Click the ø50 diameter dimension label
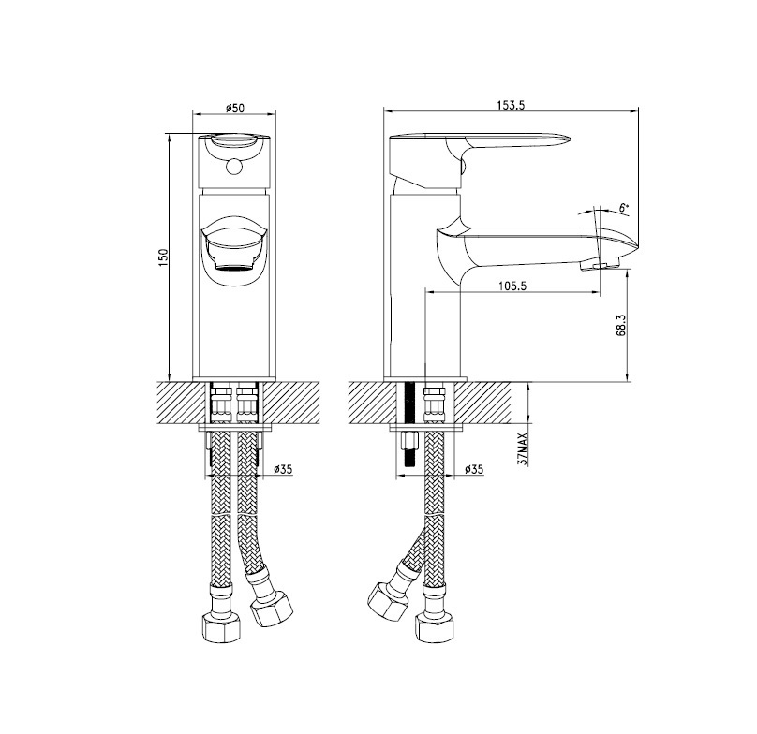pos(235,108)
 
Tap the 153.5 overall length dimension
pos(512,105)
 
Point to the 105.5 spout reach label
pos(512,286)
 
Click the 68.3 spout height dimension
pos(621,325)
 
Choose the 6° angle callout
pos(624,209)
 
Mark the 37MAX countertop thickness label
pos(523,448)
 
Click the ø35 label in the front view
pos(283,469)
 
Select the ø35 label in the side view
pos(474,469)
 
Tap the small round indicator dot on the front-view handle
pos(234,167)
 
